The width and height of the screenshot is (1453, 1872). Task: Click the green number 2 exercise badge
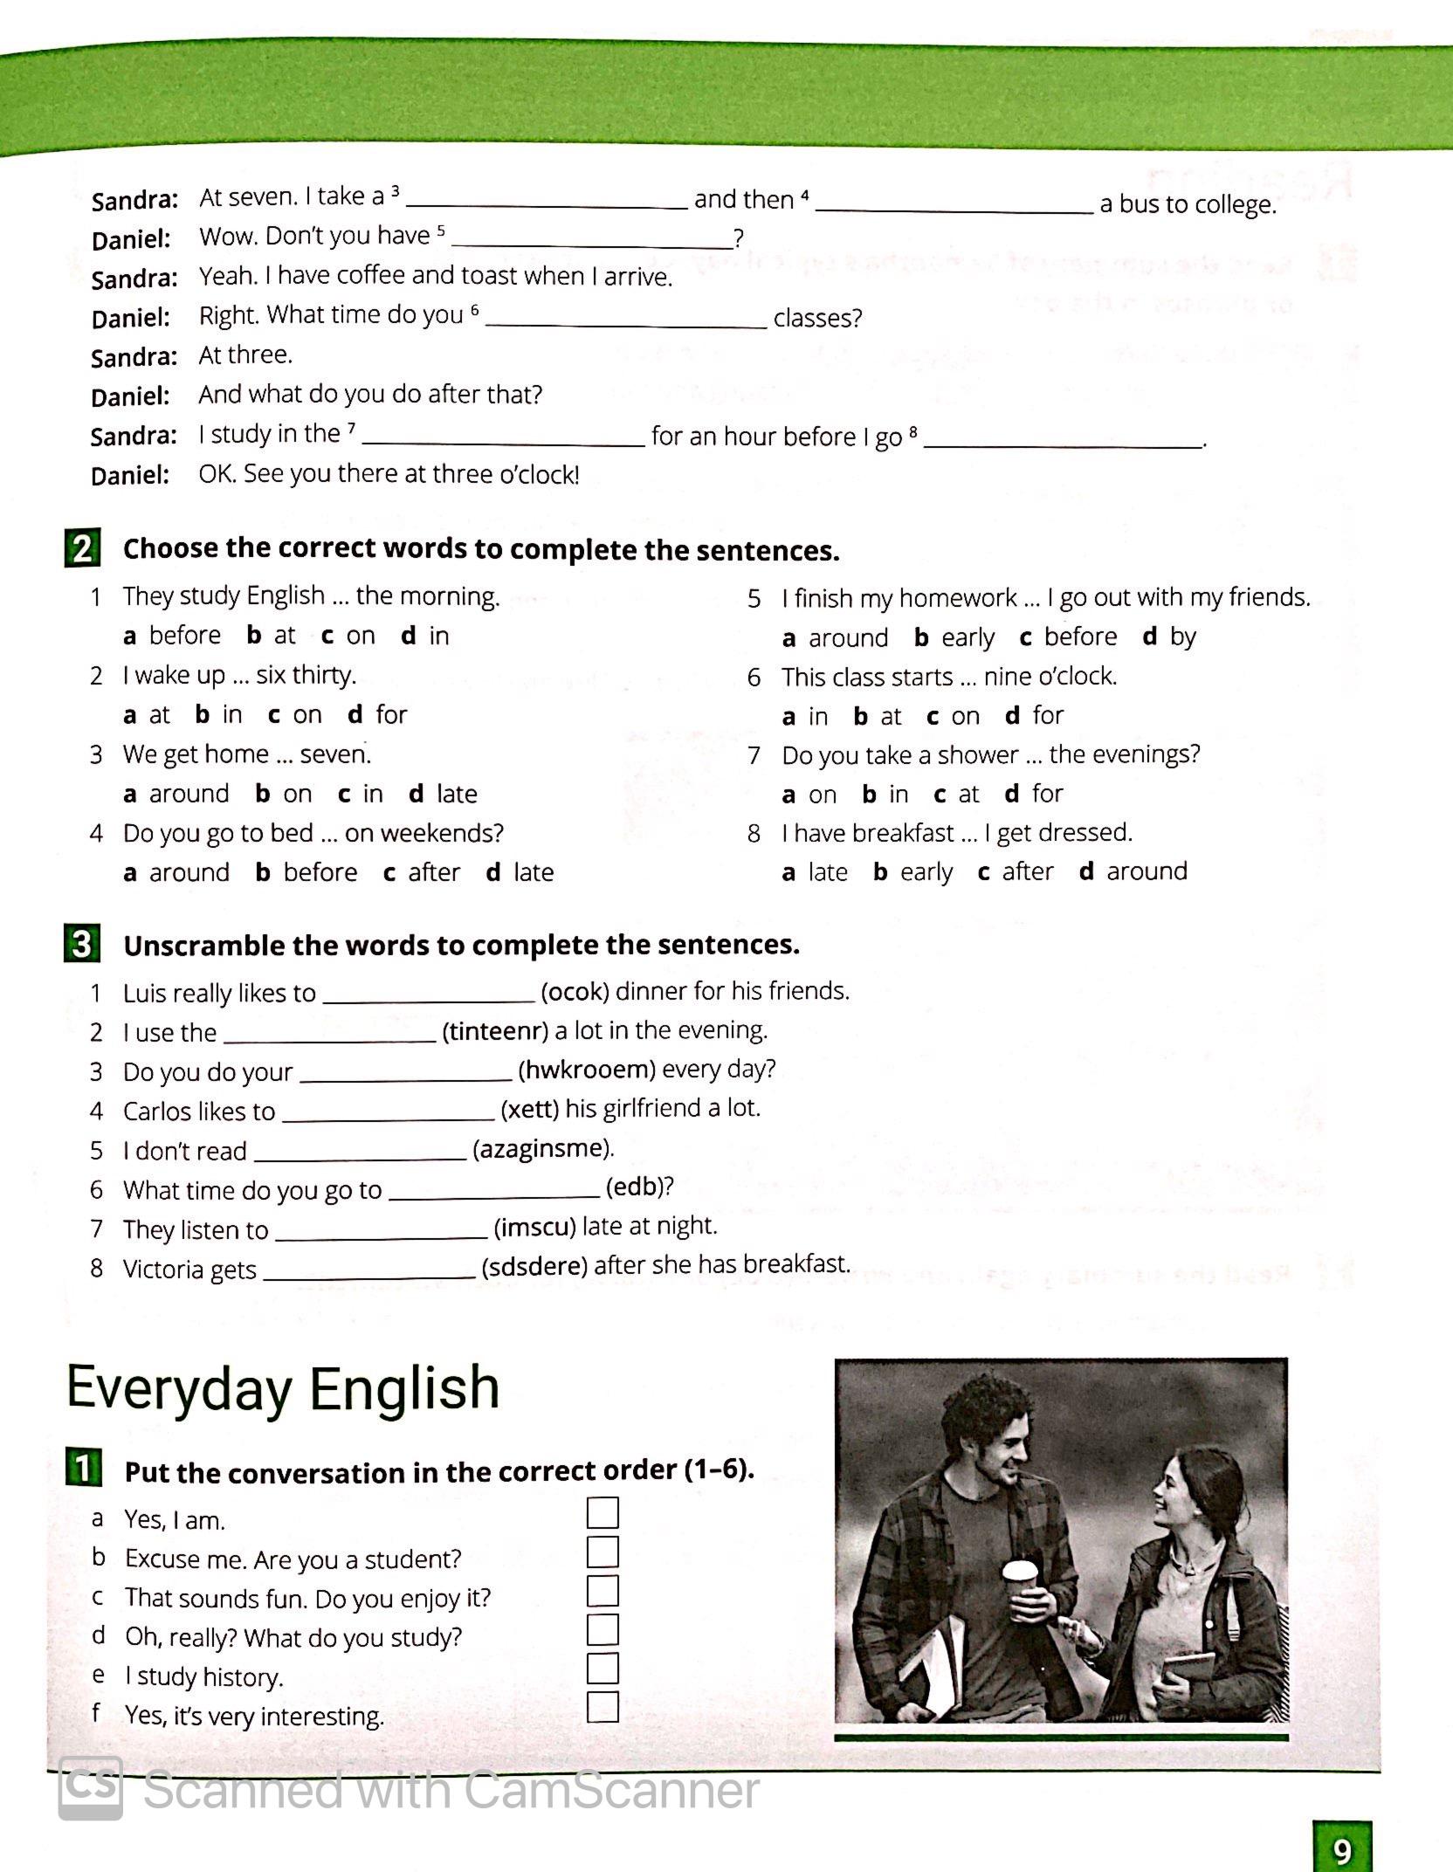point(82,548)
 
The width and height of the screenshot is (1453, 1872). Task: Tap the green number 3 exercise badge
point(82,944)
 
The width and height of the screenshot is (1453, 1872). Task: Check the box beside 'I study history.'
point(603,1669)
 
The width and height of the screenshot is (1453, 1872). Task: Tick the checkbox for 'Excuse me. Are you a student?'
point(603,1552)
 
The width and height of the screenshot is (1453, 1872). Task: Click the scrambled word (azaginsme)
point(543,1148)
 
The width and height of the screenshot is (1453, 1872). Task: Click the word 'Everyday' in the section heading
point(178,1388)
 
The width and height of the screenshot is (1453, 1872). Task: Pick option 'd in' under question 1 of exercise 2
point(425,636)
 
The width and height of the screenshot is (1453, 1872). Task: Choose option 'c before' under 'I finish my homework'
point(1068,637)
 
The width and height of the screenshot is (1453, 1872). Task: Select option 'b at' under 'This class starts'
point(878,717)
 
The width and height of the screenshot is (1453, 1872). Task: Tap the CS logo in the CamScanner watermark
point(90,1788)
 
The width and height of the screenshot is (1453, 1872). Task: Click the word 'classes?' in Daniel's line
point(817,318)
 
